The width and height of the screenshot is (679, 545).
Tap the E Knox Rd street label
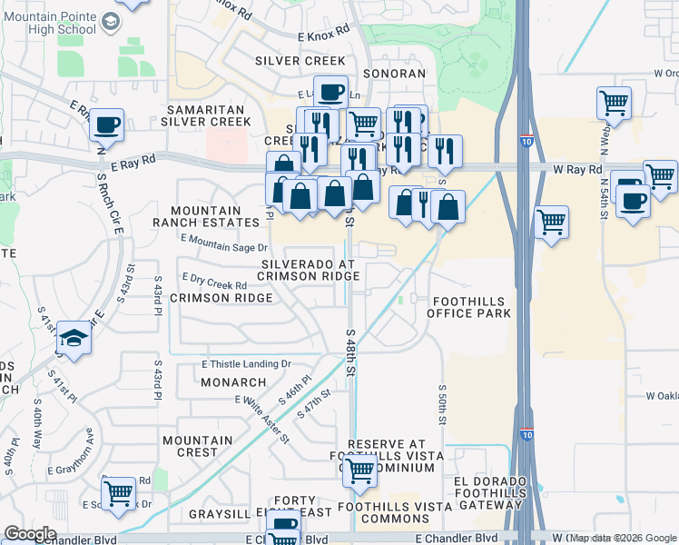[323, 31]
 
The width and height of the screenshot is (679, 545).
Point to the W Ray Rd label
[577, 170]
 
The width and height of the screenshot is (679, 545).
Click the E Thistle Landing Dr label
[246, 364]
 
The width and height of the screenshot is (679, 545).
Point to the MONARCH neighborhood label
[233, 382]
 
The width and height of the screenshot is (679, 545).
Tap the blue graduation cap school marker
[74, 339]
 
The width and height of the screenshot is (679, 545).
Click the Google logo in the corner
[30, 534]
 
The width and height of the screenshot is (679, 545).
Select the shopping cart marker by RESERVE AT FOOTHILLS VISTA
[360, 471]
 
